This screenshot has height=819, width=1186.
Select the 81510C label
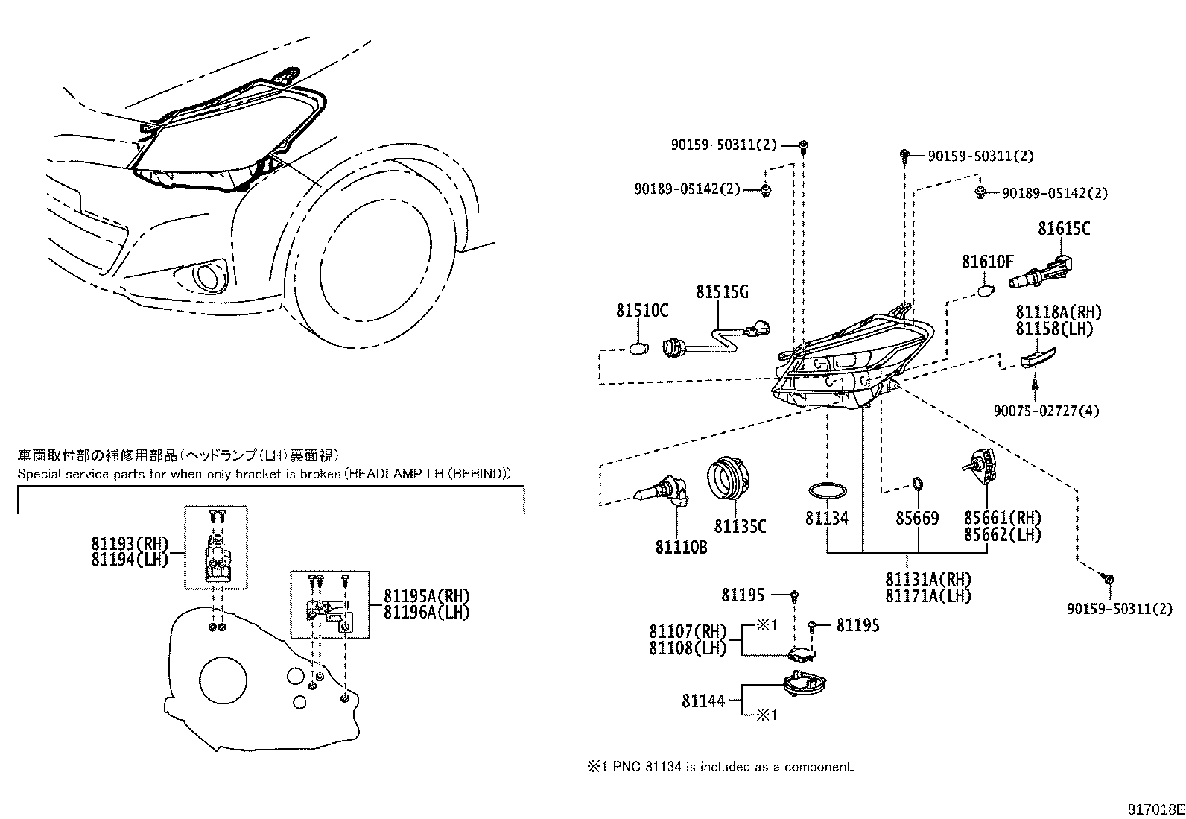(x=641, y=311)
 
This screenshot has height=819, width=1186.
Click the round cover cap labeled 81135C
(x=729, y=479)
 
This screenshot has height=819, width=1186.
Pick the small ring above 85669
(x=917, y=485)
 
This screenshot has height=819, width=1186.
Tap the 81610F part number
(x=987, y=262)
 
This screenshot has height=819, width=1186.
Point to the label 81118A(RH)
(x=1058, y=313)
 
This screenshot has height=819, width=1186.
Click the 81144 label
(x=703, y=701)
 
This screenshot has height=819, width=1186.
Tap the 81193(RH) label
(x=130, y=543)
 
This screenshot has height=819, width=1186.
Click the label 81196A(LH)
(x=427, y=613)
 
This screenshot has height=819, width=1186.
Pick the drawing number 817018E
(x=1155, y=809)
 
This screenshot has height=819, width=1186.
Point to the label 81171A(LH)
(x=927, y=596)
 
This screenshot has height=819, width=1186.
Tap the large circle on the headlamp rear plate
(x=223, y=680)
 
